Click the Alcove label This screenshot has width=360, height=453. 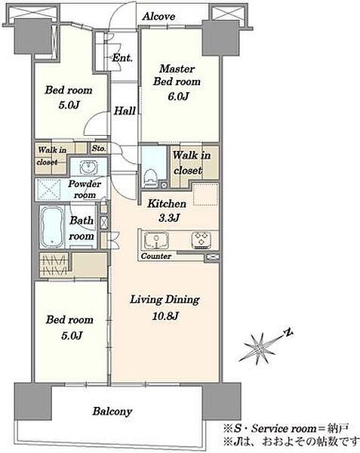158,16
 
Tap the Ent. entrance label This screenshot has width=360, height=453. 122,58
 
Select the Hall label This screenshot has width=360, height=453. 125,111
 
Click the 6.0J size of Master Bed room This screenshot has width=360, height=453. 178,96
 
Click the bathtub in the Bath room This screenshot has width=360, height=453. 52,226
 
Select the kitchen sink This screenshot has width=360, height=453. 156,240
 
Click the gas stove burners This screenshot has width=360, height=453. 202,240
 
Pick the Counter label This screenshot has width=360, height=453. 156,256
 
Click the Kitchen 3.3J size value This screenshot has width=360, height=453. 170,217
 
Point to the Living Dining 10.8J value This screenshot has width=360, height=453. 165,316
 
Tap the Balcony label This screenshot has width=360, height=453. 112,411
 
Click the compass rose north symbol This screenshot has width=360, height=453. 288,334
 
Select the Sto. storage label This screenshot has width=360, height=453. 99,149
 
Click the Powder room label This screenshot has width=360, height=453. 85,190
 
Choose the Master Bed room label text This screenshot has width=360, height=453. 177,75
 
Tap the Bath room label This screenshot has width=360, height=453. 82,228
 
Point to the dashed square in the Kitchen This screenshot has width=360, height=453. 205,194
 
